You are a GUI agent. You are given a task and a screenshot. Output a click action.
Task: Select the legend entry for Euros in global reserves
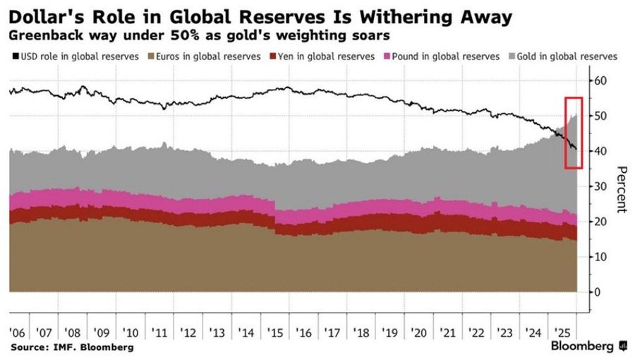tap(204, 56)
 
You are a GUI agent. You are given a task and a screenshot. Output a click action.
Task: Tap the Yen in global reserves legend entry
tap(322, 56)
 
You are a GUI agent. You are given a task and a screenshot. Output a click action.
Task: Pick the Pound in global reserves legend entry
tap(442, 56)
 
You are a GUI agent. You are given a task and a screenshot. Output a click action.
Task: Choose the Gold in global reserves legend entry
tap(562, 56)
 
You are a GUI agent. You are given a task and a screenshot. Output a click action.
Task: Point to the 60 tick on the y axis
tap(600, 80)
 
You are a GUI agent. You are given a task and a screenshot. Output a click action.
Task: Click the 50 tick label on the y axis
tap(600, 116)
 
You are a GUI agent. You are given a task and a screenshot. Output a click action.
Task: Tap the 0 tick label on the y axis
tap(598, 292)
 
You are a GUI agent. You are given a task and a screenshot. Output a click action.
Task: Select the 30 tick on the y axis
tap(600, 186)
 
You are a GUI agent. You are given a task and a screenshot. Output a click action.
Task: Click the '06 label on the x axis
tap(17, 333)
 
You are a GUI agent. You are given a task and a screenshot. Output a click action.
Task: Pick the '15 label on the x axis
tap(275, 333)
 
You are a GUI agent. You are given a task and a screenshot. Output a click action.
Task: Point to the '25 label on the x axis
tap(562, 333)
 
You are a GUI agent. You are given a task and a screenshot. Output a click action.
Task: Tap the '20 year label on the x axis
tap(418, 333)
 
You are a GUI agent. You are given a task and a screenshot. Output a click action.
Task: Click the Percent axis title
tap(621, 189)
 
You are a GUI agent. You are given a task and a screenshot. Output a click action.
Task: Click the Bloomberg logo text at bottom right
tap(582, 346)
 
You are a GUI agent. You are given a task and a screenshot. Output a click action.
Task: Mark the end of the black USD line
tap(576, 149)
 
